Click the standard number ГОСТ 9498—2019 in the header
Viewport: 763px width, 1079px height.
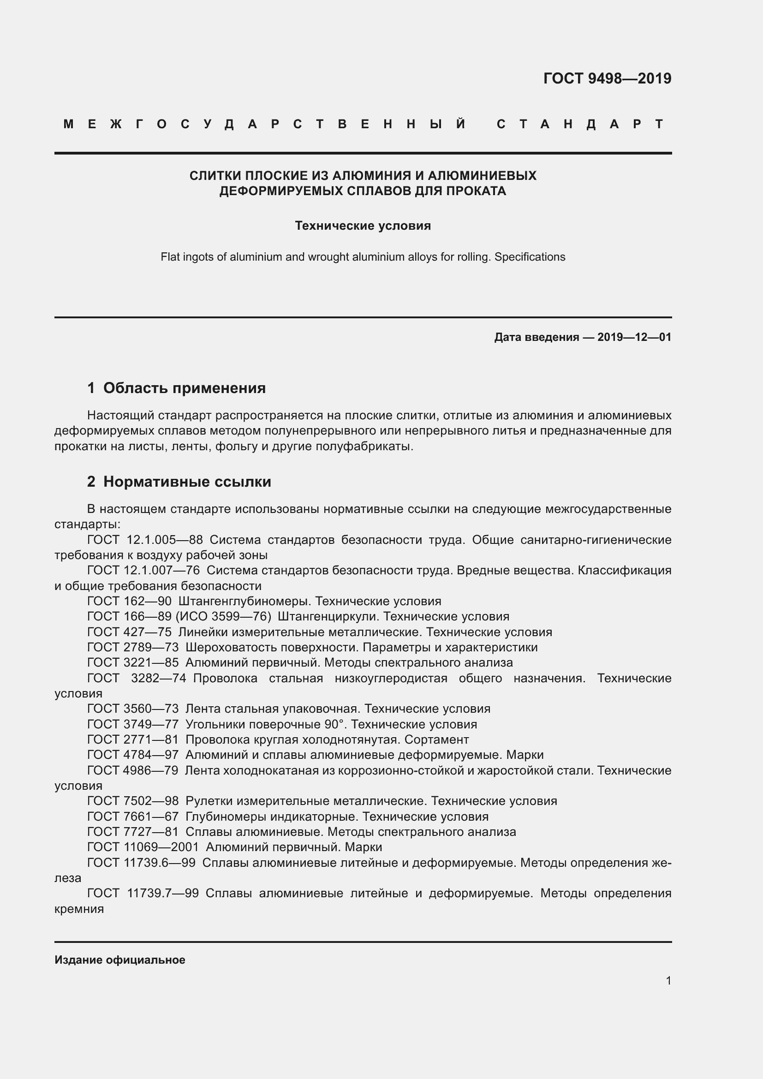(607, 78)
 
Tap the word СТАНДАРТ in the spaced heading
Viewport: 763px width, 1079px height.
(580, 124)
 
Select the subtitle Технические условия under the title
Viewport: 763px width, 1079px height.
(363, 226)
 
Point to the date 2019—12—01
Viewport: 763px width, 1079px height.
(634, 337)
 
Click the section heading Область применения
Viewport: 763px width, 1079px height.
(184, 387)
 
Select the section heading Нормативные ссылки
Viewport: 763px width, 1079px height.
(187, 482)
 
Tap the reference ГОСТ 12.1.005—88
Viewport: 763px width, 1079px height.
(145, 540)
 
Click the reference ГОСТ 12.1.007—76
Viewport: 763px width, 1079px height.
(143, 571)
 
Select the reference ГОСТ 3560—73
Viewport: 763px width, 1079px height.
(133, 709)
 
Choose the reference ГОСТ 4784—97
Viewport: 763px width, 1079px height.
(133, 755)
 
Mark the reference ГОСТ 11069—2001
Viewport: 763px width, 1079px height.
(143, 847)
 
